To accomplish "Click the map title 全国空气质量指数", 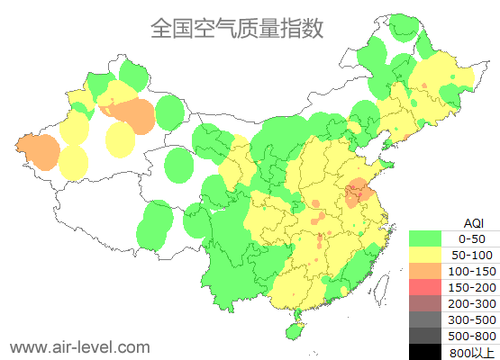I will pos(236,29).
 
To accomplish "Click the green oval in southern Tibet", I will pos(155,225).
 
